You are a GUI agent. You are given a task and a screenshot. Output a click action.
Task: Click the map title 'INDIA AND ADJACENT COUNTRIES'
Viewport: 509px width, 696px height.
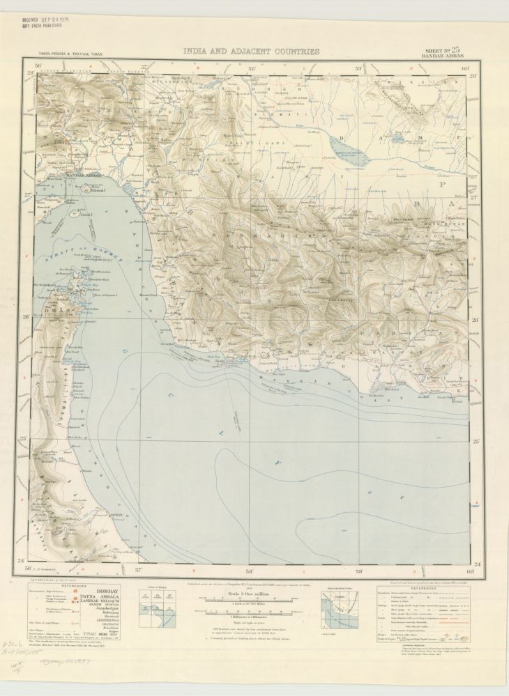pos(251,51)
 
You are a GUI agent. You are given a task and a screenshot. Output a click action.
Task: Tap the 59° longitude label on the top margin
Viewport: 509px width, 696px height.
pos(359,68)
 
